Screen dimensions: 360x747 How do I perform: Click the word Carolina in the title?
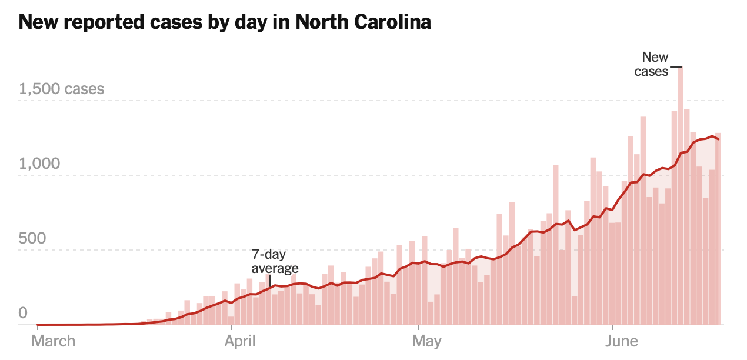[392, 22]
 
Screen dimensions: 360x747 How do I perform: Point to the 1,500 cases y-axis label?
[62, 89]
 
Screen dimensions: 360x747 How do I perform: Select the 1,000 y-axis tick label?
[40, 164]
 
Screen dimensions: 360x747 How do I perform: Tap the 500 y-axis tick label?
[32, 238]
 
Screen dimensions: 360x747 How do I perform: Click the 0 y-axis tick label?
[24, 313]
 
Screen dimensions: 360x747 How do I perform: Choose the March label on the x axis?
[54, 341]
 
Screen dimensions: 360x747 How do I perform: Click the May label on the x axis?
[427, 341]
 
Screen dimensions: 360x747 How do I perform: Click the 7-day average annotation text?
[275, 262]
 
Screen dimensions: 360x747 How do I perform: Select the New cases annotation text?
[652, 65]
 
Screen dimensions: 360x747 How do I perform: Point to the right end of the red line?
[718, 139]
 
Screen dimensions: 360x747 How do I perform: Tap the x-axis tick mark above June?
[613, 327]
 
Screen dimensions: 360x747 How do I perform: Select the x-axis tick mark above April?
[232, 327]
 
